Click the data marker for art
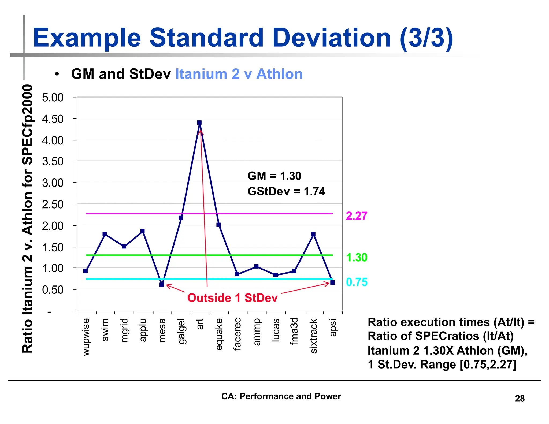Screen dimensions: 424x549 [x=199, y=122]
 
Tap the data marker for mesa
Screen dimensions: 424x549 [x=162, y=285]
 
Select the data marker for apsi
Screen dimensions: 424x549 [x=332, y=282]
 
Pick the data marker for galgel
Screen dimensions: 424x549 [x=181, y=218]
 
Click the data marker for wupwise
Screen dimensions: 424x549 [x=86, y=271]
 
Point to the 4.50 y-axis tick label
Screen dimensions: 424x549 [x=53, y=119]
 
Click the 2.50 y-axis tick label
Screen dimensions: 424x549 [x=53, y=204]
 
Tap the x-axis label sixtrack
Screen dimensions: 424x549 [x=313, y=336]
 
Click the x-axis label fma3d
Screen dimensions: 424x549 [x=294, y=331]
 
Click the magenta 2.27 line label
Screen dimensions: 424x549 [x=356, y=216]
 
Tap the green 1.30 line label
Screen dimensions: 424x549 [x=357, y=257]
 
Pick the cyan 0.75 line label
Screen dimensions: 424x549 [x=357, y=282]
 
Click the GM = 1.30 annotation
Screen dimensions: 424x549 [x=274, y=176]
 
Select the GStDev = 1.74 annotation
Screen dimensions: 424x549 [x=286, y=191]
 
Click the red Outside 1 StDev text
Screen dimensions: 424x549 [x=232, y=298]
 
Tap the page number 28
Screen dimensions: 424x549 [x=520, y=399]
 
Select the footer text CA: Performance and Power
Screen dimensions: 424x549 [x=281, y=396]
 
